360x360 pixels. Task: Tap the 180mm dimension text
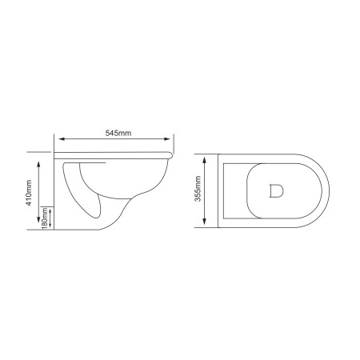[x=46, y=218]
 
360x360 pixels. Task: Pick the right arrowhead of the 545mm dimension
[x=174, y=139]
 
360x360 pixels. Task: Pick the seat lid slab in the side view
[x=112, y=153]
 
